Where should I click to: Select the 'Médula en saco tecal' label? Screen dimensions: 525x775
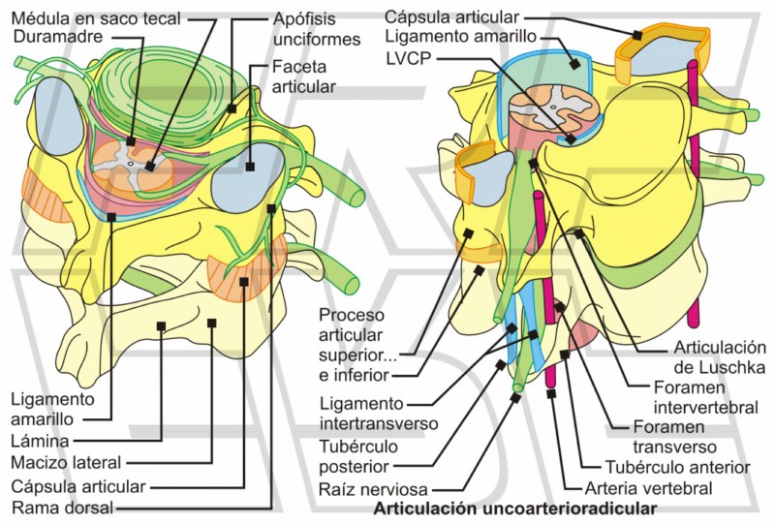(x=92, y=18)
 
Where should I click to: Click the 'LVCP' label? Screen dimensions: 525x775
(x=408, y=59)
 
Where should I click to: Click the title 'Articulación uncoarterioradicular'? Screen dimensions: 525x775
(x=514, y=508)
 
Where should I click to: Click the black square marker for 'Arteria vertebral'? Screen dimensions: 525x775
(x=551, y=393)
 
